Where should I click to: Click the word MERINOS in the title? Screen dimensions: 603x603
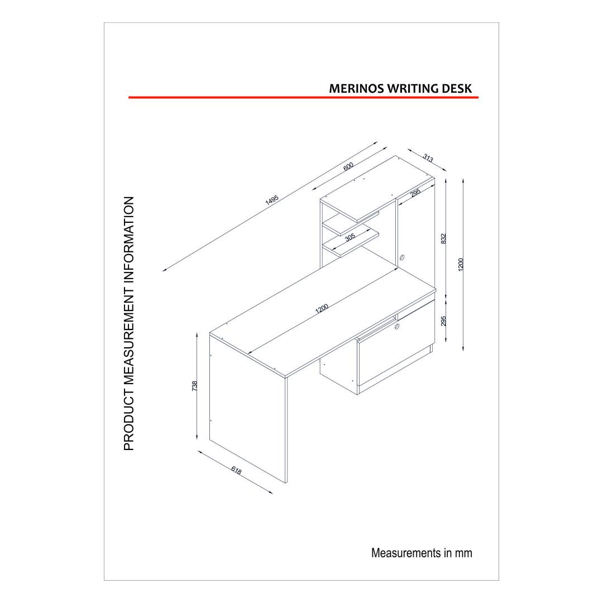coord(356,88)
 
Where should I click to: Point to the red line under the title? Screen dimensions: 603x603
coord(303,98)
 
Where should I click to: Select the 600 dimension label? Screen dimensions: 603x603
coord(348,166)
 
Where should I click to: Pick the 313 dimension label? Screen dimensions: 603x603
coord(428,157)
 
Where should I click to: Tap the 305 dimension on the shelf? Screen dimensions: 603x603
coord(350,237)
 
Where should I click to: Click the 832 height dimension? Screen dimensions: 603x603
coord(443,238)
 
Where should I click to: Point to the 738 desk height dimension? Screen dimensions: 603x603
coord(195,386)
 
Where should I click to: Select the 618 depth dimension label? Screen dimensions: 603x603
coord(236,470)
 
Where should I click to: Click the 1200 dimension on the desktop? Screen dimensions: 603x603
coord(322,308)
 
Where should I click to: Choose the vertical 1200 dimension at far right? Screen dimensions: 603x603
coord(461,265)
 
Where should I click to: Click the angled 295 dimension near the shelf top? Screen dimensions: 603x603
coord(416,193)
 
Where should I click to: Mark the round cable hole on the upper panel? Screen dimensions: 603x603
coord(402,257)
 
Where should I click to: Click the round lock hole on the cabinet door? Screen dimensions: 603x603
coord(398,327)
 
